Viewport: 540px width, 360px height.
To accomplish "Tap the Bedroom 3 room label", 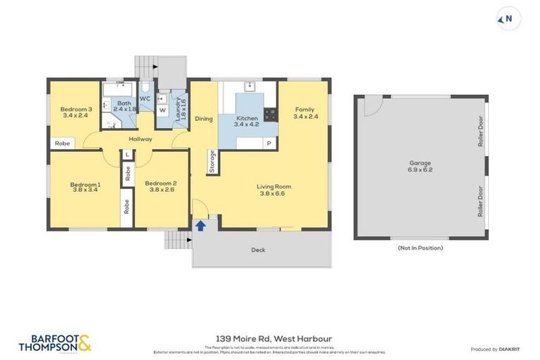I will (x=75, y=109).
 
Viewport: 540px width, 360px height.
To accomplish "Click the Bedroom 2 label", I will (x=160, y=184).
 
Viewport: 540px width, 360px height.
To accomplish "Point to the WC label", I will (x=145, y=99).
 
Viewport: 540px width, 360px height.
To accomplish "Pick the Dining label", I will (x=204, y=119).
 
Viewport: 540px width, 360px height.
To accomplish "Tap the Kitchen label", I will (x=247, y=117).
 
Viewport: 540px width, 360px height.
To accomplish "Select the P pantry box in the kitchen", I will (x=268, y=143).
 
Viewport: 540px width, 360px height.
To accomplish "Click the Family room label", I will (x=304, y=109).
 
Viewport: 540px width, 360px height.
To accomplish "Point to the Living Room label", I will (x=275, y=186).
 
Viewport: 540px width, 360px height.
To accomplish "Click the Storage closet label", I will (x=212, y=162).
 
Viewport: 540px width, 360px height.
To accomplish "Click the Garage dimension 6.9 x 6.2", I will (x=420, y=170).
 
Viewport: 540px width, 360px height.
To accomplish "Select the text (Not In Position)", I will (x=420, y=247).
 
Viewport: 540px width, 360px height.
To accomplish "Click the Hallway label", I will (x=141, y=139).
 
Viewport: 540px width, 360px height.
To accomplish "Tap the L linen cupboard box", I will (x=127, y=154).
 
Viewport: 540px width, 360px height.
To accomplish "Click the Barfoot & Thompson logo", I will (x=55, y=343).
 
